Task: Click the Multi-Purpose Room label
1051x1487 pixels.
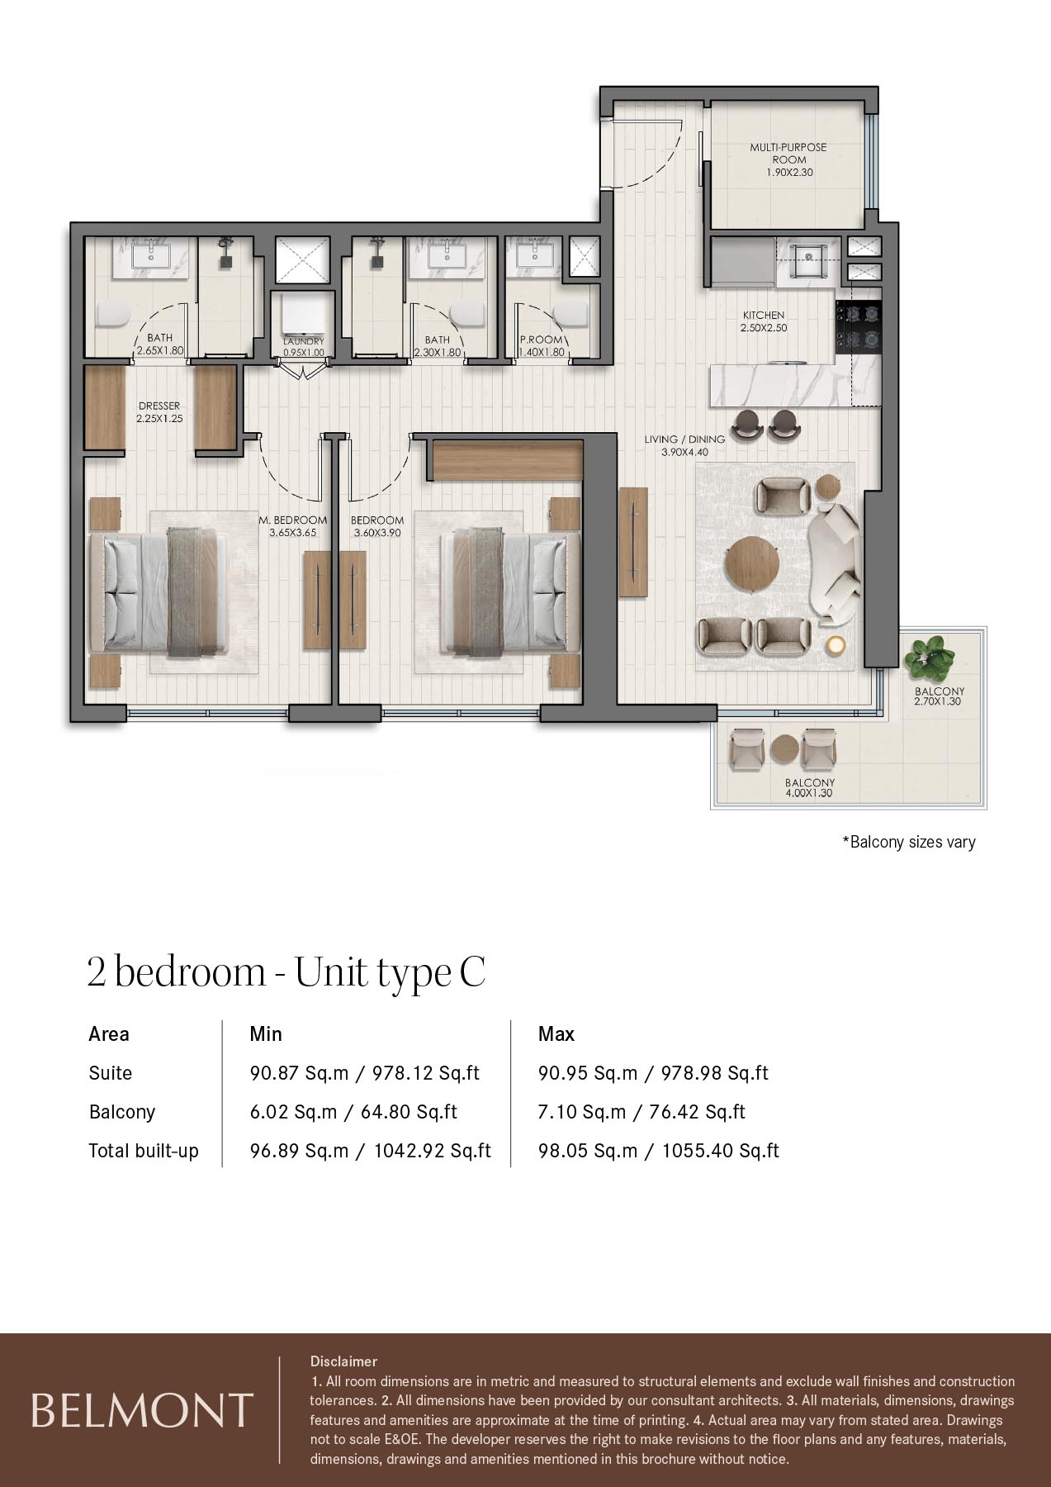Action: (788, 159)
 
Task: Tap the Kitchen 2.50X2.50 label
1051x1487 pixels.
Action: (763, 321)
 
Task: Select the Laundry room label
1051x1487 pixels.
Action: (304, 346)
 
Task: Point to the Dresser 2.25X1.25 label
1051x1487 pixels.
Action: (159, 412)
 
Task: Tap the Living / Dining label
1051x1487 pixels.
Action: (684, 445)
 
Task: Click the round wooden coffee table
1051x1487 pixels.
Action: (752, 564)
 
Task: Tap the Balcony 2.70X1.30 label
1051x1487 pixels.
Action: (939, 696)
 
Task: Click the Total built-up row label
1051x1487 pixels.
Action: (144, 1151)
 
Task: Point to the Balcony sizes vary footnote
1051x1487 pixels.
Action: (908, 842)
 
